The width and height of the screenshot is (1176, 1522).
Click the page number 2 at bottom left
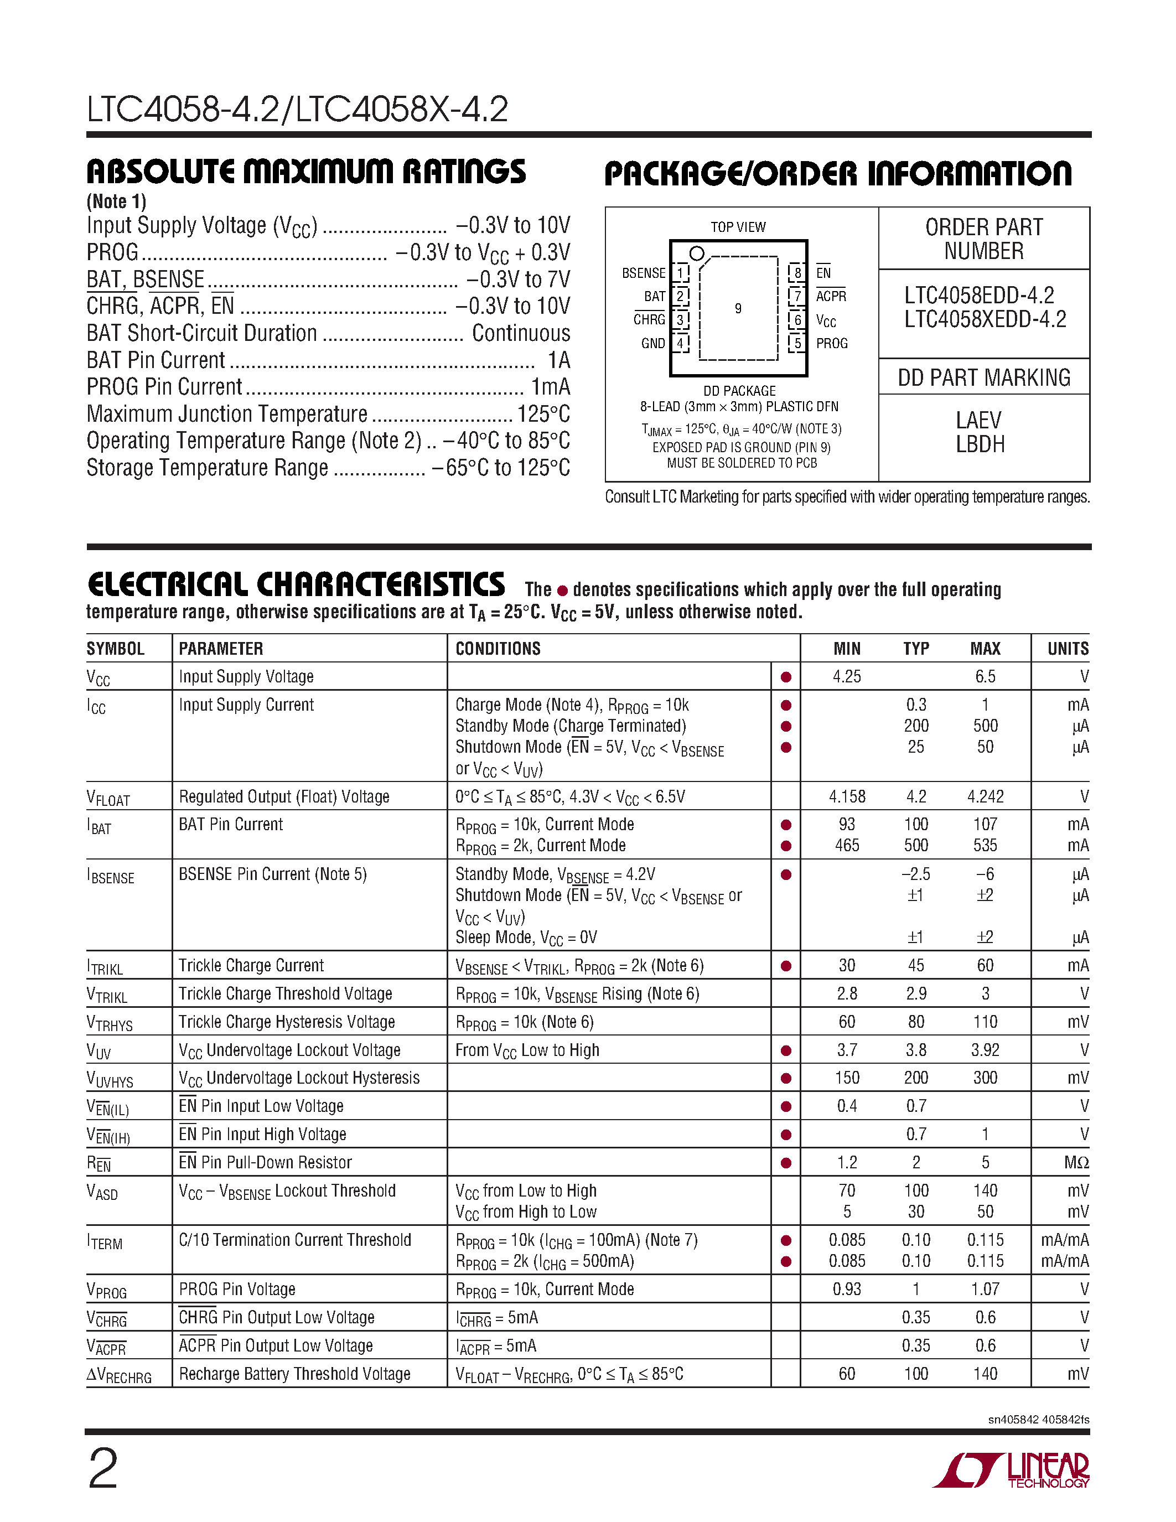point(103,1468)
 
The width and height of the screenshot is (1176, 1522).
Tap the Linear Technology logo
point(1011,1471)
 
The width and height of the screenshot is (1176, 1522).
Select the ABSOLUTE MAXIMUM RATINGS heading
point(306,172)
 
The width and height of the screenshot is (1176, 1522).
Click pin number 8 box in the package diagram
point(797,272)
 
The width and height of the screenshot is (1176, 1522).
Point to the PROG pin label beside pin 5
point(832,343)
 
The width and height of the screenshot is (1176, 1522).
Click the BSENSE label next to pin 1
point(643,272)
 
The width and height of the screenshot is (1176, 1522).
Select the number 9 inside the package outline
point(738,308)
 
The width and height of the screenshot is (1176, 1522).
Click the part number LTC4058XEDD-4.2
point(985,319)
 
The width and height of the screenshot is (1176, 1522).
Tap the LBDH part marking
point(980,444)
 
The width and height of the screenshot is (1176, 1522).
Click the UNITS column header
point(1068,649)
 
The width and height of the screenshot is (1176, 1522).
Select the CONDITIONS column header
point(498,649)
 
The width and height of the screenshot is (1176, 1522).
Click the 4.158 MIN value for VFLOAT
point(847,796)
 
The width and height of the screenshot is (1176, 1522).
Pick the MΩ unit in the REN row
point(1076,1162)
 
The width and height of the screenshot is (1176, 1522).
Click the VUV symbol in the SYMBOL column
point(99,1051)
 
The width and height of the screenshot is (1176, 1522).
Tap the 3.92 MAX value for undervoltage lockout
point(985,1050)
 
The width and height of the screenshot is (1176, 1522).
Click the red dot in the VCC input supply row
point(786,677)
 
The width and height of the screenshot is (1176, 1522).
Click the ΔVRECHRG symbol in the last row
point(118,1375)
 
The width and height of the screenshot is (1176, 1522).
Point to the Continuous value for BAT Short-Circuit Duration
point(520,333)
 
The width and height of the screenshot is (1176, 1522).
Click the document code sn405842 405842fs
point(1038,1420)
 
